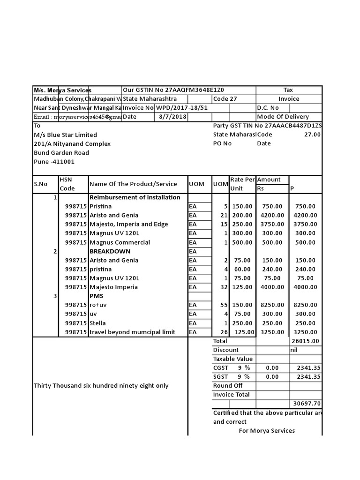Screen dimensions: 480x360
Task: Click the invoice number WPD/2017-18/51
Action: (181, 108)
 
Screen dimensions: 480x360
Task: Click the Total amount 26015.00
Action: (306, 341)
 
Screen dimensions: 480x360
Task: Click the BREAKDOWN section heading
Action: (110, 251)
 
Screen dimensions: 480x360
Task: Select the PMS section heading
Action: (96, 296)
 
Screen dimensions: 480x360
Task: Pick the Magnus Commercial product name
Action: (120, 242)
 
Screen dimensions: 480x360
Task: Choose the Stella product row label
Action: (97, 323)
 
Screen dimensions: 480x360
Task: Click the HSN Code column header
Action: (67, 184)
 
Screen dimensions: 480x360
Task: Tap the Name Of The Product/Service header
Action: (133, 184)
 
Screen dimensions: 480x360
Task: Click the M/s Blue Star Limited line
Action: (66, 135)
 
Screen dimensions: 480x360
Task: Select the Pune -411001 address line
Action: (54, 162)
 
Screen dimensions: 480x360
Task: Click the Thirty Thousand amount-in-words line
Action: (101, 386)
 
